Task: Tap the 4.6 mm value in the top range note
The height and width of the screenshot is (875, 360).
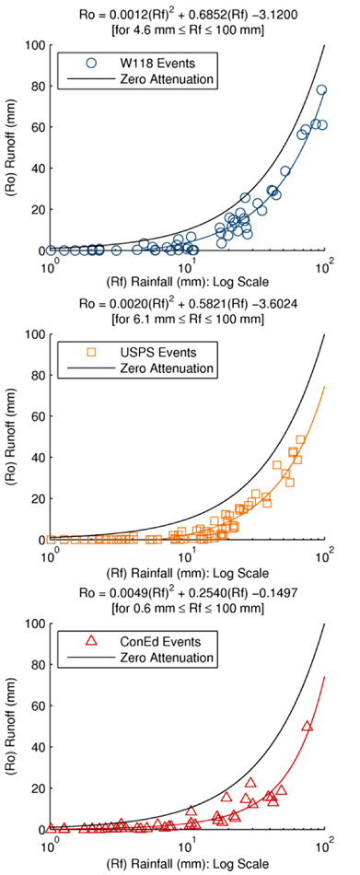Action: [x=147, y=30]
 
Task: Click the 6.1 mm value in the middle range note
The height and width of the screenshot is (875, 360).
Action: [x=147, y=320]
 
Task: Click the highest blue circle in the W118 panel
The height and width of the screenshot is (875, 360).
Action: [x=321, y=90]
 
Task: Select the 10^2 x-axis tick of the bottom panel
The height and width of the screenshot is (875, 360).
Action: [x=325, y=846]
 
